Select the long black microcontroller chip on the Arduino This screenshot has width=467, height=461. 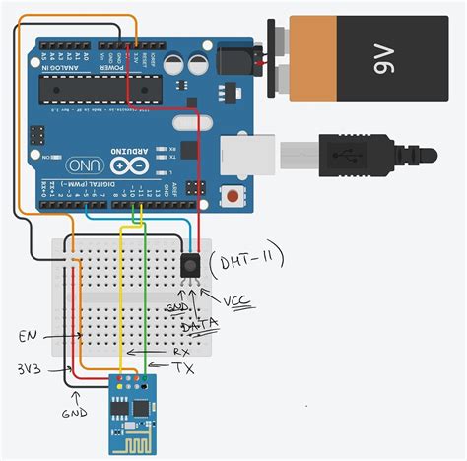click(99, 92)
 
